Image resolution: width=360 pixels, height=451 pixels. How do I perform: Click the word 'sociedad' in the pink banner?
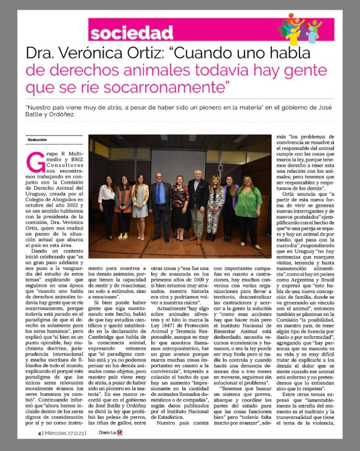(131, 32)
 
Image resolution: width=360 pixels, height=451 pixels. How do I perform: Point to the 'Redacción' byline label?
(37, 140)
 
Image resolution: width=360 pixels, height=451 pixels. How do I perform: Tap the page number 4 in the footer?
(39, 432)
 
